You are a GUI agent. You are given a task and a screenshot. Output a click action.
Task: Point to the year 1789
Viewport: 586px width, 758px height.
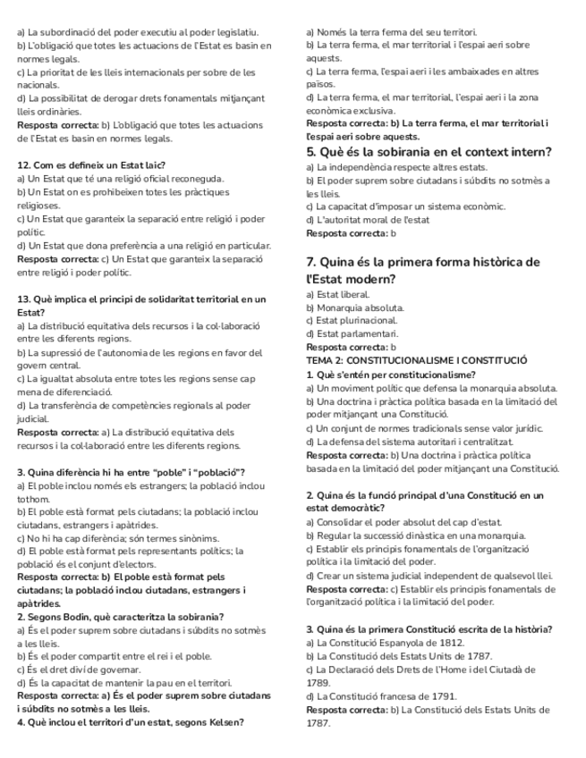[x=319, y=682]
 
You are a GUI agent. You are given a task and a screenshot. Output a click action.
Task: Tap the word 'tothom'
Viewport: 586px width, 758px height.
[x=34, y=499]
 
